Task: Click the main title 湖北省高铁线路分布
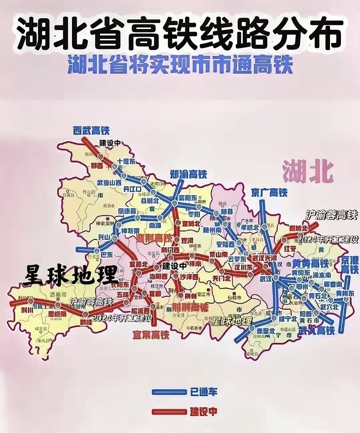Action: pos(180,33)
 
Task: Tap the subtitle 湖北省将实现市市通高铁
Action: pos(180,65)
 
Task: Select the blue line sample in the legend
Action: pos(169,392)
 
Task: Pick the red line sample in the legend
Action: pos(169,412)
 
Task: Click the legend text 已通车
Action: pos(204,392)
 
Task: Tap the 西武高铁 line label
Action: pos(91,130)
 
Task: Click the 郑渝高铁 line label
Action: pos(188,174)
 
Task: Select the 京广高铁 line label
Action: pos(269,192)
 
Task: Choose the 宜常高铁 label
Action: pos(151,334)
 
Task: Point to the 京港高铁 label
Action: pos(349,265)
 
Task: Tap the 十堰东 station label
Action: pos(126,162)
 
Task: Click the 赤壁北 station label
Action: pos(266,331)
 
